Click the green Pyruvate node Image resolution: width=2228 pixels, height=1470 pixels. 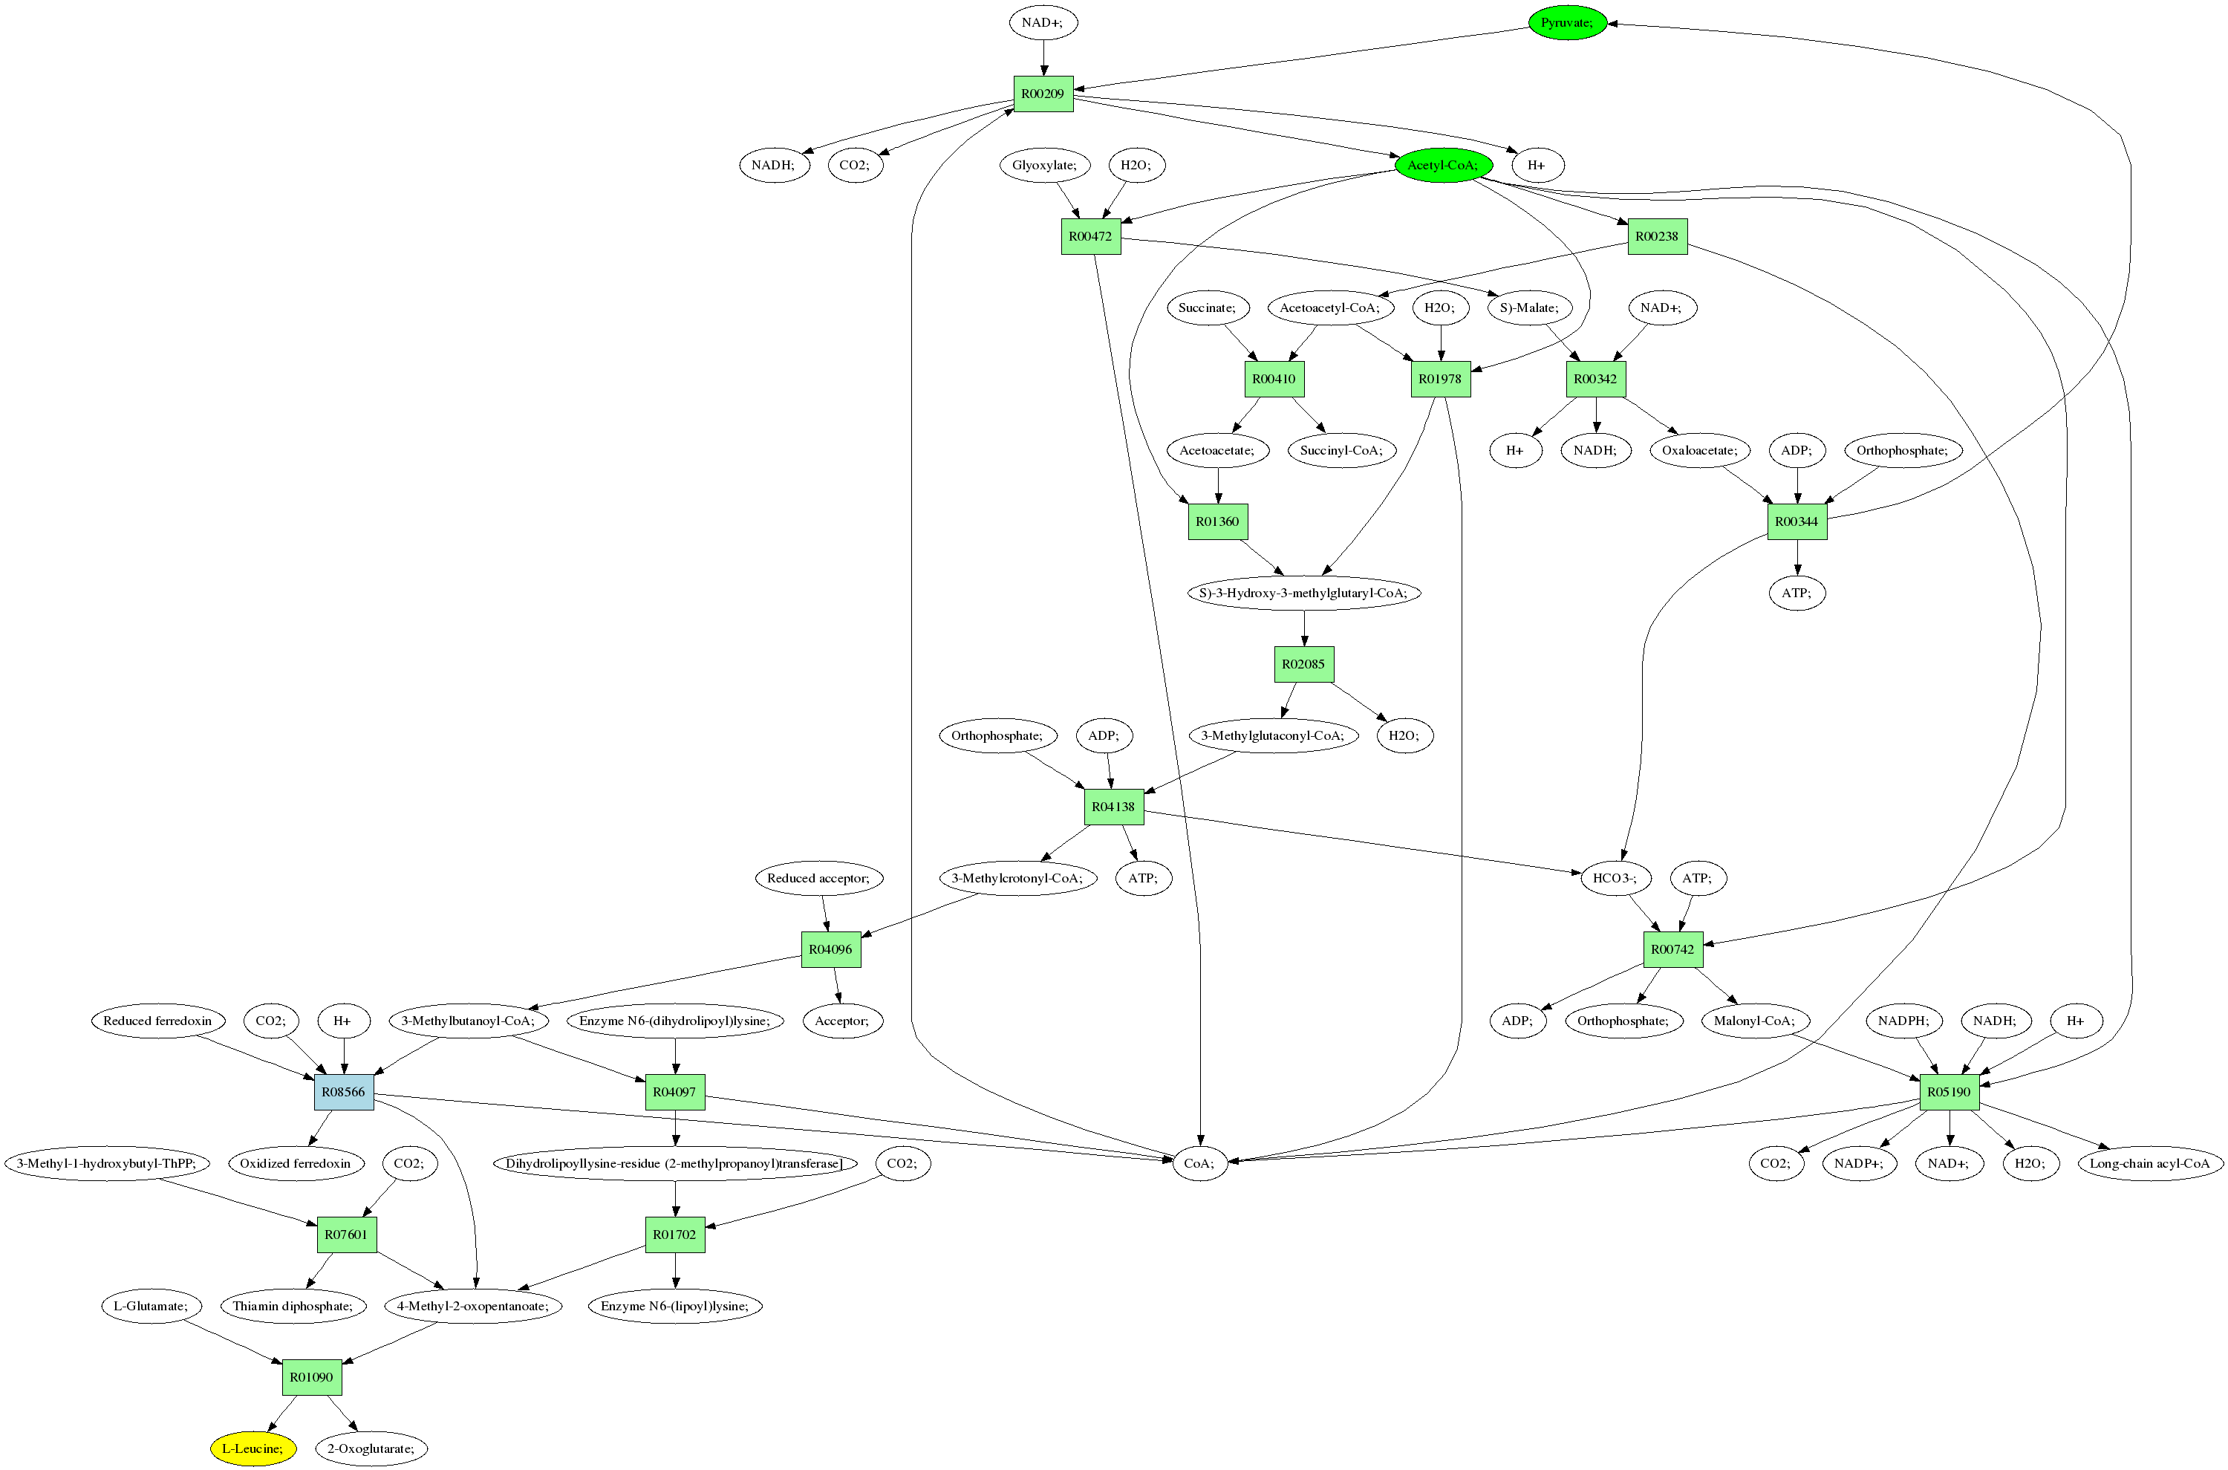click(x=1566, y=22)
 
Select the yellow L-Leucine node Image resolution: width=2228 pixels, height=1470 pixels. click(x=253, y=1448)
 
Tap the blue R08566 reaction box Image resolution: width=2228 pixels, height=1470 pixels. click(x=343, y=1092)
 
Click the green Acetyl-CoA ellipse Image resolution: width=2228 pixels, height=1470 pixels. click(x=1442, y=165)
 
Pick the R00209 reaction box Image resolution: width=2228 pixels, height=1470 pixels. click(x=1043, y=94)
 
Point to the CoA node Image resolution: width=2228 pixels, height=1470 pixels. click(x=1199, y=1163)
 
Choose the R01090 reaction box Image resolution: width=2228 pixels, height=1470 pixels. click(x=311, y=1377)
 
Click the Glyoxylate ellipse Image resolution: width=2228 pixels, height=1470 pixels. click(x=1044, y=165)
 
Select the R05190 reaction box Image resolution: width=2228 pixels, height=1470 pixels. click(x=1949, y=1092)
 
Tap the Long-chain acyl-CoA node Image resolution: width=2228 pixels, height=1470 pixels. click(x=2149, y=1163)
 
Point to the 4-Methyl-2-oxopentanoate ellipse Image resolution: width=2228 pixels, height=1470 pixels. click(x=473, y=1306)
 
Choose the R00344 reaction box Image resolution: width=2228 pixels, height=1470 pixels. click(x=1797, y=521)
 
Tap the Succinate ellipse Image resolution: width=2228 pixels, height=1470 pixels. click(x=1208, y=308)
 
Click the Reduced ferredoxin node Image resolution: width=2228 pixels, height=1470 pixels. click(x=157, y=1021)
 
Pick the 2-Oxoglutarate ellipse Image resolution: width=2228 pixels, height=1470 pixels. click(x=371, y=1448)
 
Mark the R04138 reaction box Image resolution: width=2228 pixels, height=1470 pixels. click(x=1113, y=806)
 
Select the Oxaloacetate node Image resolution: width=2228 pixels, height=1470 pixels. click(x=1699, y=450)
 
